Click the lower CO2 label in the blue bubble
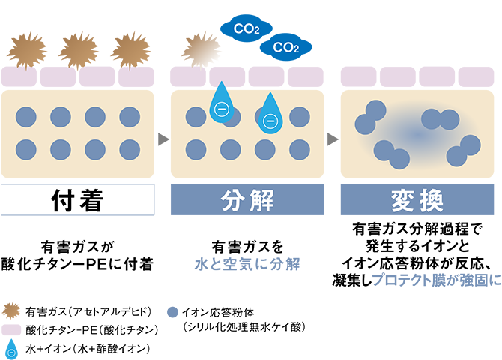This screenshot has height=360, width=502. point(285,48)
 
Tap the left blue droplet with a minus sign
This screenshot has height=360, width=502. point(220,107)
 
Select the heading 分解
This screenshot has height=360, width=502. point(248,201)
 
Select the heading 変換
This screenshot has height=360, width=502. point(417,201)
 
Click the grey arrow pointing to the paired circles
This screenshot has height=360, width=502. point(331,136)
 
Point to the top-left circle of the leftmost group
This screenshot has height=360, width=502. point(26,116)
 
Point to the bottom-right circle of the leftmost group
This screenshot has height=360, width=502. point(129,149)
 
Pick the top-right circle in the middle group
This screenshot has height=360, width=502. point(300,116)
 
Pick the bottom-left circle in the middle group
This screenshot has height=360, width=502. point(196,149)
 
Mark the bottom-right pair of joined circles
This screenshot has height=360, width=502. point(463,150)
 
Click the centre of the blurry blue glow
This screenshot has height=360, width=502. point(416,135)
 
